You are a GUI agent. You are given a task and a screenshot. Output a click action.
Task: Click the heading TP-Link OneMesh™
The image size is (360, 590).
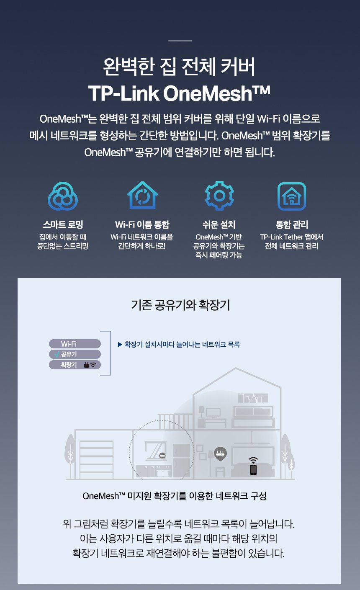179,93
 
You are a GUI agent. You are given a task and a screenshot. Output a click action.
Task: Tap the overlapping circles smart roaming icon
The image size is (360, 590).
63,196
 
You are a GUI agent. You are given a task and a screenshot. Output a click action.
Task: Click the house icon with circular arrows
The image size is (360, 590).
142,195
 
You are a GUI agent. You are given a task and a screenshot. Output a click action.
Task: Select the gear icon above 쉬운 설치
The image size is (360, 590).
219,196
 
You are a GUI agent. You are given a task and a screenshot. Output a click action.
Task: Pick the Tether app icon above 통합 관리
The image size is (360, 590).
292,196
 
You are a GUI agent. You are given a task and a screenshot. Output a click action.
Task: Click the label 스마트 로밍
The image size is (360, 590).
63,224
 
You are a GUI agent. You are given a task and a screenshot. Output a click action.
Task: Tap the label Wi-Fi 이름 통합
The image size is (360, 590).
142,224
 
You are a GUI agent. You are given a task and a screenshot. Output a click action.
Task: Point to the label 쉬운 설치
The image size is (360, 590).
219,224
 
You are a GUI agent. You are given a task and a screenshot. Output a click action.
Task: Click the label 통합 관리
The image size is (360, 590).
292,224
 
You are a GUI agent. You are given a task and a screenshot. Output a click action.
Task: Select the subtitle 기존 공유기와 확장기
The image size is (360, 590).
180,305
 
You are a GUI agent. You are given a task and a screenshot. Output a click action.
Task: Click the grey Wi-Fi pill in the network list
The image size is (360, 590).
75,344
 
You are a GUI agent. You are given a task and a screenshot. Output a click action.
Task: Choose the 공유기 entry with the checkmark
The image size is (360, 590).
75,354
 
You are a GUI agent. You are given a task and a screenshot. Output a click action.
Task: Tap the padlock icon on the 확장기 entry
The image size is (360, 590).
86,365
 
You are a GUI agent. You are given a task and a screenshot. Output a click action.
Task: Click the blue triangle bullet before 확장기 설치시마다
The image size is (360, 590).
120,345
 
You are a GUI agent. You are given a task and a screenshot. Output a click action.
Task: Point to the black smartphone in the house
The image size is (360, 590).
253,470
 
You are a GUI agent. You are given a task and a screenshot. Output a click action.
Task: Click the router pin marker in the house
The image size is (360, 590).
220,453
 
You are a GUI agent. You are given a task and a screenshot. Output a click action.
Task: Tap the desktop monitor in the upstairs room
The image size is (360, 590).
213,413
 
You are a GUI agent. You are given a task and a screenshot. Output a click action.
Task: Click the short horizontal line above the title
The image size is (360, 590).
180,41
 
